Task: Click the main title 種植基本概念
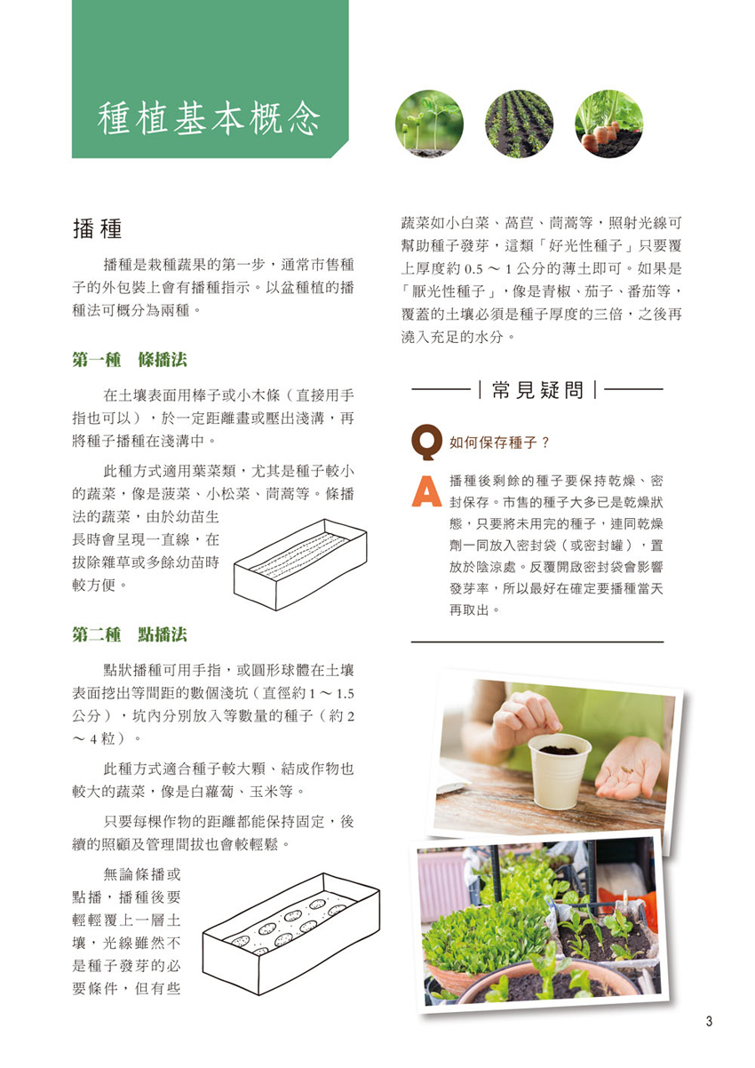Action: [209, 117]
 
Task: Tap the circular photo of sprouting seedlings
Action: [429, 124]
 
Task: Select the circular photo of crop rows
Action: [519, 124]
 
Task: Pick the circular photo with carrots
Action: [608, 124]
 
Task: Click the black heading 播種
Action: [98, 228]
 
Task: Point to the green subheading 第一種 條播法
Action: [130, 360]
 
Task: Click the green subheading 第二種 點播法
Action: [130, 634]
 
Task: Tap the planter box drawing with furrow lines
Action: [300, 564]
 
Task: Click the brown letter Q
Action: [426, 442]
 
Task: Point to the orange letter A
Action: [426, 490]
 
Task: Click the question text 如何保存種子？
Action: [499, 443]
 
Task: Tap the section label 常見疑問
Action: [537, 390]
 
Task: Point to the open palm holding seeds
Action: [629, 769]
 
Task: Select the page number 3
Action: [709, 1021]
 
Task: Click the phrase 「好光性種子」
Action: [587, 246]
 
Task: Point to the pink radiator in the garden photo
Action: [441, 890]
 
